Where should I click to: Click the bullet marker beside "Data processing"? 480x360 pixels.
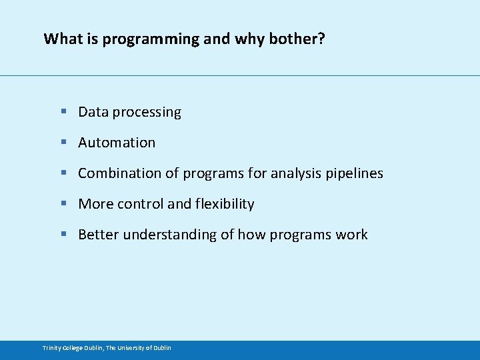[63, 112]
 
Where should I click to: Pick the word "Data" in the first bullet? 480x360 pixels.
[93, 112]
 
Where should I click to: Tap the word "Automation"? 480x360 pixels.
[117, 143]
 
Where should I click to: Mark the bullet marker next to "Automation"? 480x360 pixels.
[63, 143]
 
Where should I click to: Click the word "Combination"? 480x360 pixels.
[119, 173]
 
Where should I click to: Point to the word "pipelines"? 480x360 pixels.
[354, 174]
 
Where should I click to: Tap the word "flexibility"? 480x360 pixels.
[225, 204]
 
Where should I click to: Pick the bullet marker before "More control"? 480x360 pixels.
[63, 204]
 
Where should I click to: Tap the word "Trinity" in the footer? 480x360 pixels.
[52, 348]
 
